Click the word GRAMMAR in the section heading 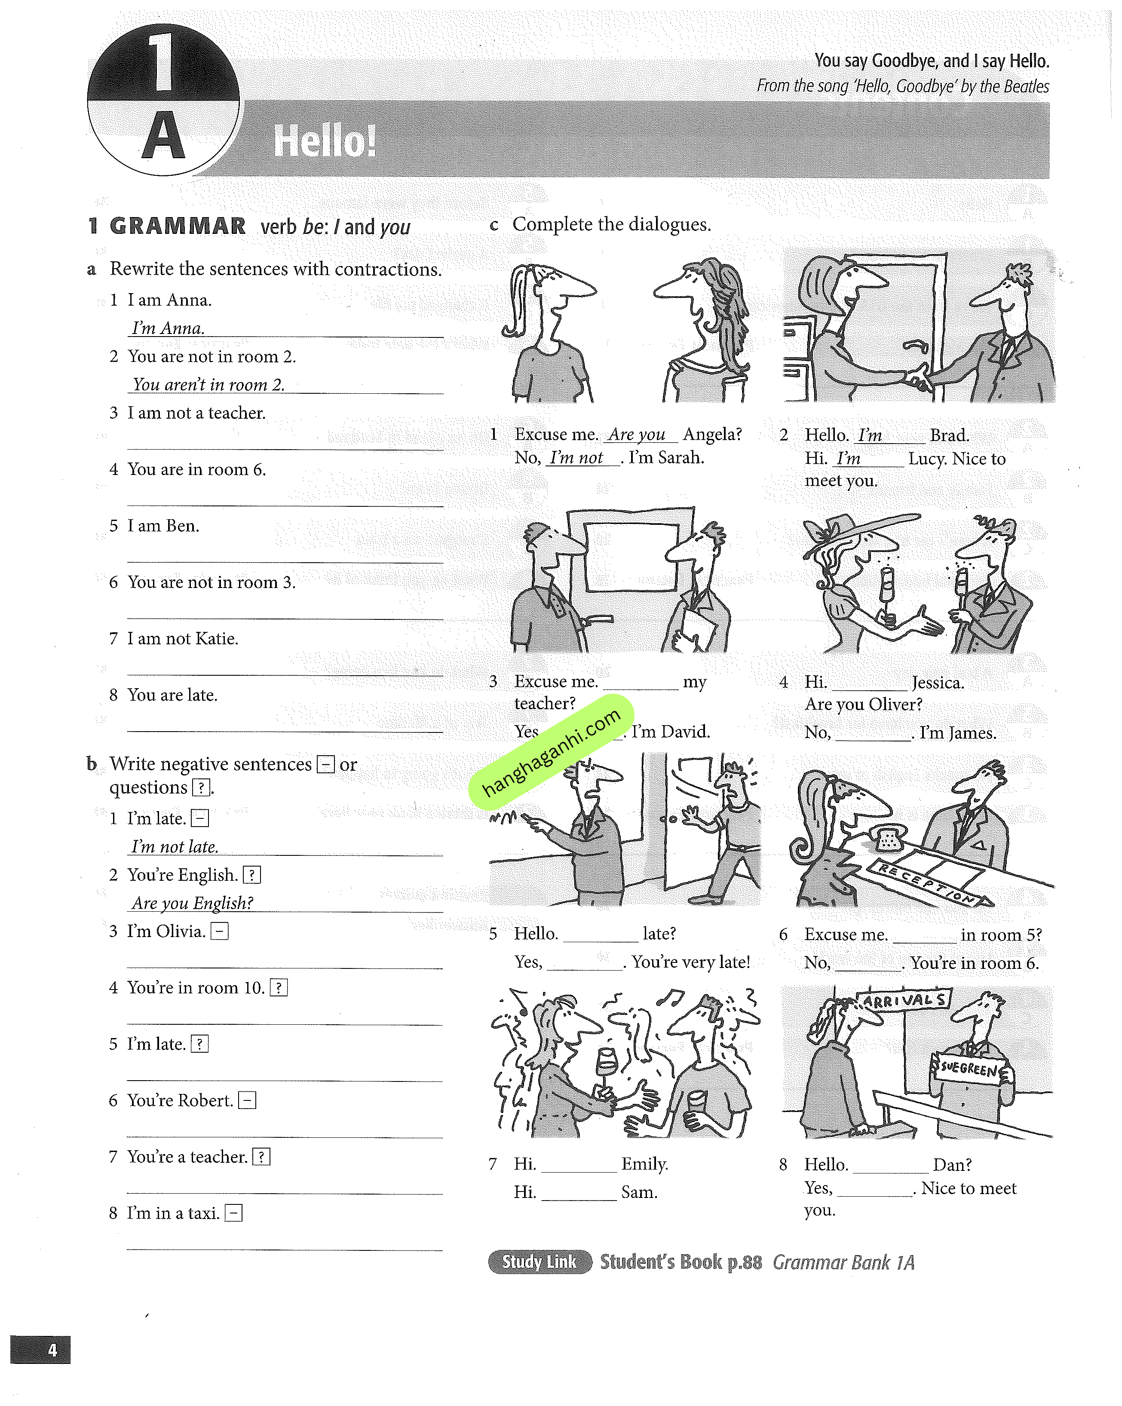178,226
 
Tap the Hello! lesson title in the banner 324,141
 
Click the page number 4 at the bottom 52,1349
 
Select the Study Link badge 540,1262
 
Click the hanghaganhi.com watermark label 551,752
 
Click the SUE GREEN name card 969,1068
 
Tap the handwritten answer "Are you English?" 193,903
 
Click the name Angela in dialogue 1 712,434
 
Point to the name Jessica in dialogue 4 938,683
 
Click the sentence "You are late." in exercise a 172,695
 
